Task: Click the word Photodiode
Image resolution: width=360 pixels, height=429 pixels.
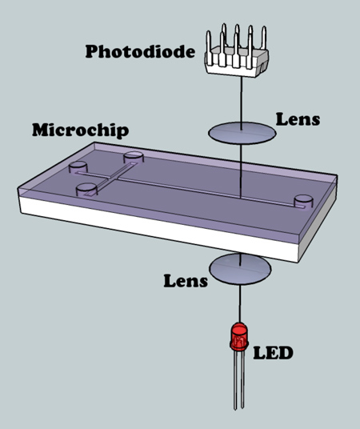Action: point(140,52)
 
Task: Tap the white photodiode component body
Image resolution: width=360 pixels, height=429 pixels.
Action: point(237,61)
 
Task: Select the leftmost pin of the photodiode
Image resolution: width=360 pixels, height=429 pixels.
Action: point(209,47)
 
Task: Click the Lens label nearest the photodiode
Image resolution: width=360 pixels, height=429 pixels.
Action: point(298,119)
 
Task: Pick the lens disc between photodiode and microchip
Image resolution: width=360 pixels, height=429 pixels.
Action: point(242,133)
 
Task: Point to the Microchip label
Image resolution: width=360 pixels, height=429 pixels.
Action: point(81,130)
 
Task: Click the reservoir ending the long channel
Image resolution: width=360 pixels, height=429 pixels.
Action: point(303,202)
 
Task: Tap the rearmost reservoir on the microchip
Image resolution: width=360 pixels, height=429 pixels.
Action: point(134,158)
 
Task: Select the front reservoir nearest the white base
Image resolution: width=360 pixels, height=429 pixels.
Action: point(86,190)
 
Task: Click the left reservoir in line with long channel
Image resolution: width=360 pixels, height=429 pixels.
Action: point(78,167)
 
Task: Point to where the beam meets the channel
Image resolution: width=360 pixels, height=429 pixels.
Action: point(241,197)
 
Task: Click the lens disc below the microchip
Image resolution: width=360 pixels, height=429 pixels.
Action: point(240,269)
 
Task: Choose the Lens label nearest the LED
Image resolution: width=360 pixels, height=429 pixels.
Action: point(186,281)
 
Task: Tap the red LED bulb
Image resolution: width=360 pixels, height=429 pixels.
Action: point(239,337)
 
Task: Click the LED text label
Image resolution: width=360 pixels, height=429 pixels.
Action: point(273,353)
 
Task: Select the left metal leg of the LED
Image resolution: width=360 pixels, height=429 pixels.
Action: point(235,380)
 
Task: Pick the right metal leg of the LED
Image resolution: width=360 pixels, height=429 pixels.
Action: point(242,379)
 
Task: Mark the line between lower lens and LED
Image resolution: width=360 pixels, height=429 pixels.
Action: point(240,303)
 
